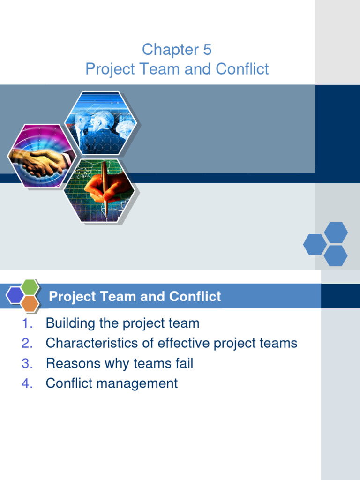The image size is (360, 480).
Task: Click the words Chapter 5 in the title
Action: [177, 49]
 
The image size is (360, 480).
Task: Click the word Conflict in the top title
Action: [242, 69]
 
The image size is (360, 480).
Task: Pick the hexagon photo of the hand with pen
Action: [100, 191]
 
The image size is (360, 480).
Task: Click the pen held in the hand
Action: [106, 187]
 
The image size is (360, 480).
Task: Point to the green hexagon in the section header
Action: [30, 287]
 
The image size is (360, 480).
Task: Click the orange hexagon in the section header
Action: [30, 304]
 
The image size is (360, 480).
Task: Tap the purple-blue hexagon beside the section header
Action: [15, 295]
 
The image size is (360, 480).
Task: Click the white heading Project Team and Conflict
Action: [135, 297]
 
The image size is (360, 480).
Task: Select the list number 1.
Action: [27, 323]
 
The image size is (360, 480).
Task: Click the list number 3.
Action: [27, 363]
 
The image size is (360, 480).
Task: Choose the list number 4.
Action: [27, 383]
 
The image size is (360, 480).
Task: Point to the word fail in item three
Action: [183, 363]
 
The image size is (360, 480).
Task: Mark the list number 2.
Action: [27, 343]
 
